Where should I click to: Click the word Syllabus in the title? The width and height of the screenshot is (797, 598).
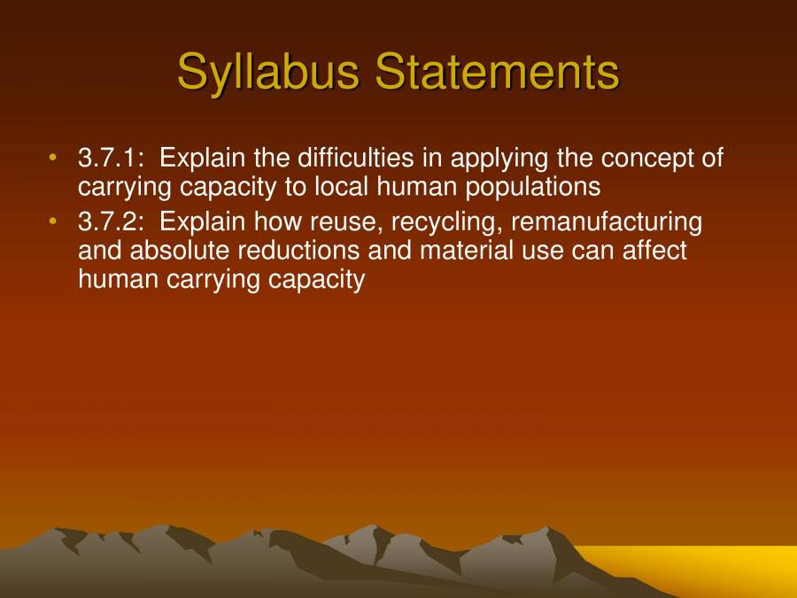point(269,71)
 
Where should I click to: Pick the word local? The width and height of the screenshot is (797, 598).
point(340,187)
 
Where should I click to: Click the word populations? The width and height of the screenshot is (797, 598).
point(530,189)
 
